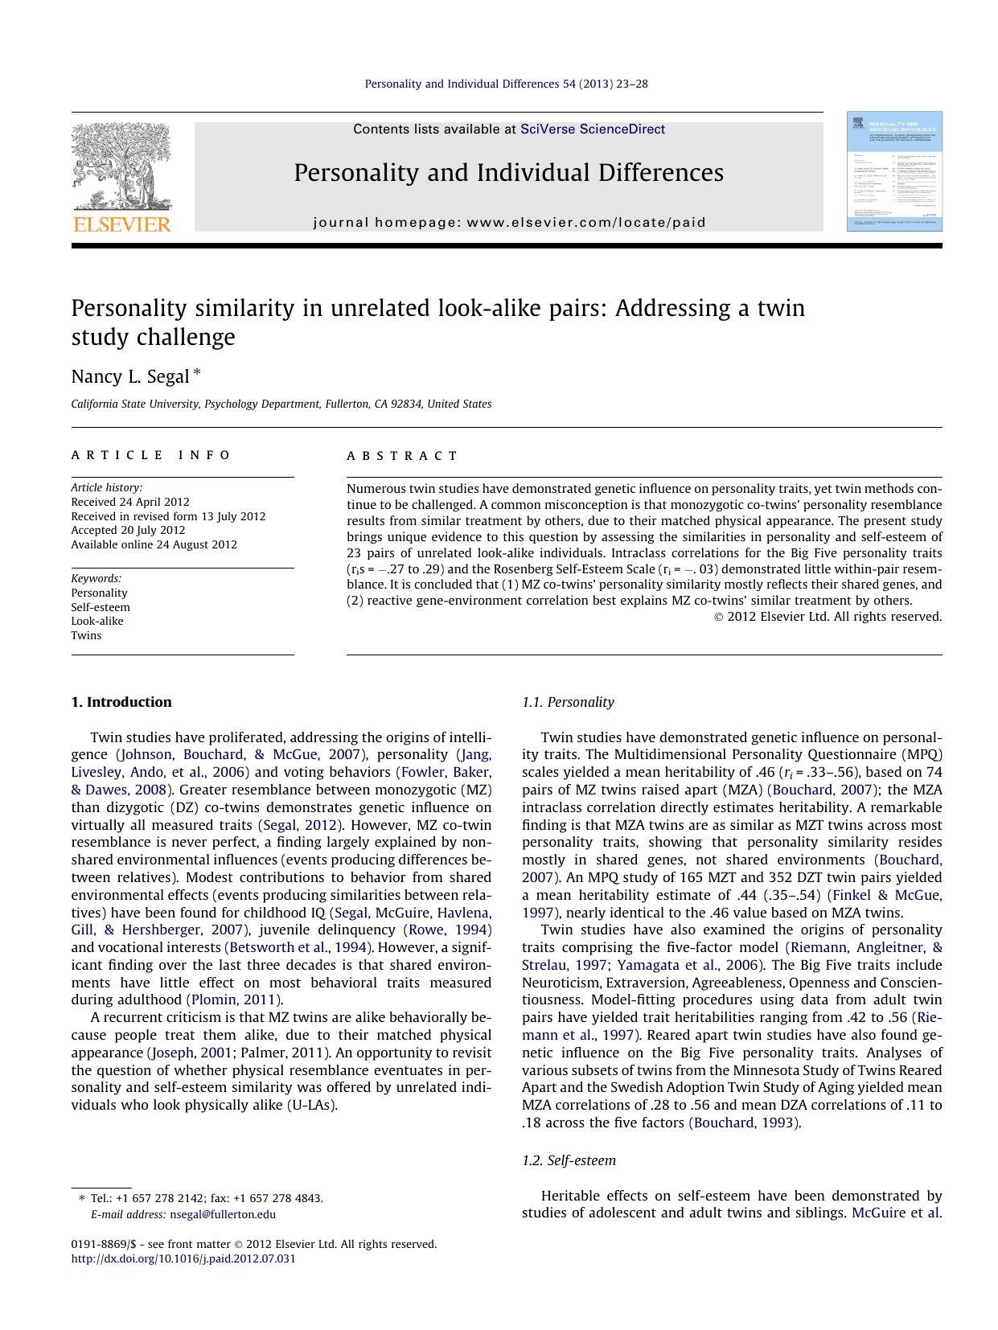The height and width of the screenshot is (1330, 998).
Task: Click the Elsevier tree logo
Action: (121, 166)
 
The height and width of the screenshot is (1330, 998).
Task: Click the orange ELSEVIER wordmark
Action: (121, 224)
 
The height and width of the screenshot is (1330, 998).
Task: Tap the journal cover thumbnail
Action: (893, 171)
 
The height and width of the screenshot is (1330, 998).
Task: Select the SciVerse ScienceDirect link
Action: (593, 129)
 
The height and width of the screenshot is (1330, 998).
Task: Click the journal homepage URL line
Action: (509, 223)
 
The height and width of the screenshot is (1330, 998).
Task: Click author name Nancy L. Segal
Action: (129, 376)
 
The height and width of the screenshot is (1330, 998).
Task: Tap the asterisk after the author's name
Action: (197, 374)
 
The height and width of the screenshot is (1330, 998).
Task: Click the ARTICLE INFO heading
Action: (150, 455)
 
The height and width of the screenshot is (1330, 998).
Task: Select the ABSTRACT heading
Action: (402, 456)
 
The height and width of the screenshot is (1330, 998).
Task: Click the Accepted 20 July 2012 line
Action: (128, 530)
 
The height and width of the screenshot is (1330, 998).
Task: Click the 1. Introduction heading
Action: (121, 702)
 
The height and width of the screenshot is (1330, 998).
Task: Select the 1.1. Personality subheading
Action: (568, 702)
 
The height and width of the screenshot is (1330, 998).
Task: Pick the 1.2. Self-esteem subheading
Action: (569, 1160)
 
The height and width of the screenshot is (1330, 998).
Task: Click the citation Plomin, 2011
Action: (234, 1000)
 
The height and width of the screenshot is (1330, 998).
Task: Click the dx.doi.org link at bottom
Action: (183, 1258)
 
